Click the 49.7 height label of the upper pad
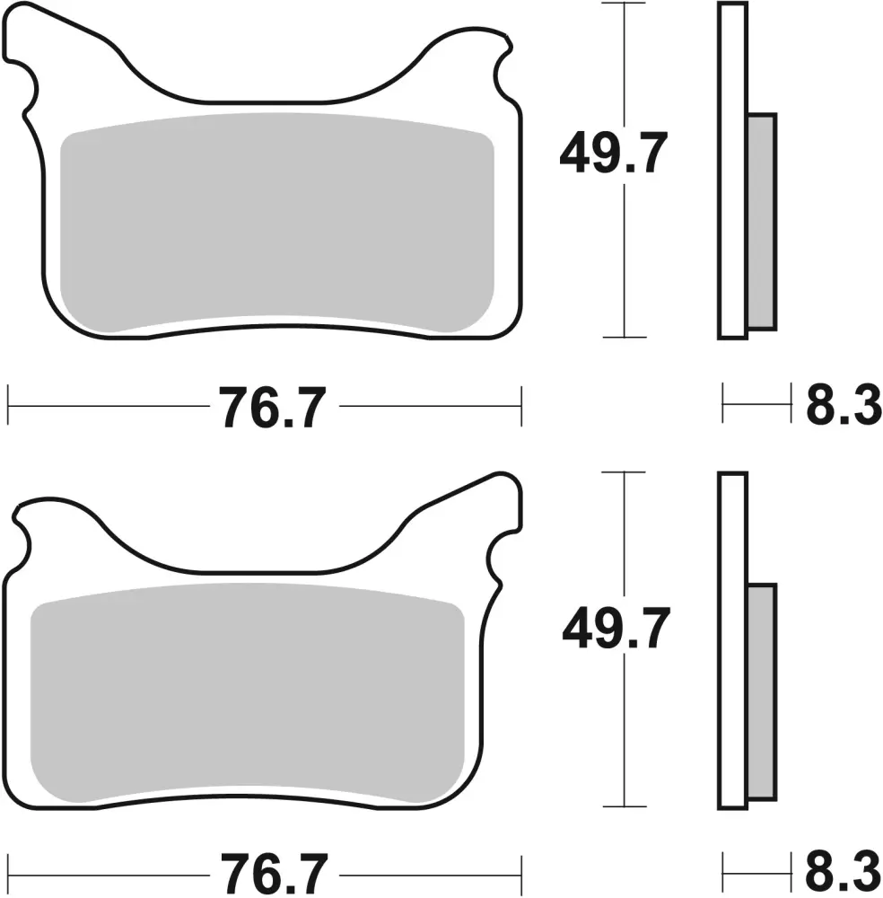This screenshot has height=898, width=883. [614, 153]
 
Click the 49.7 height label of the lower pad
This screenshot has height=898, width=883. [616, 629]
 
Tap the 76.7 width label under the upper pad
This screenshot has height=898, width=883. [273, 407]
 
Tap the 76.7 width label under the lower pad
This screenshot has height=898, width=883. [274, 875]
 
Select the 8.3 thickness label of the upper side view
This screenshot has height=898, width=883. [844, 406]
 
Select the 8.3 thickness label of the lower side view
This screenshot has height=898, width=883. [844, 874]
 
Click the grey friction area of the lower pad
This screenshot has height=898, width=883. [247, 693]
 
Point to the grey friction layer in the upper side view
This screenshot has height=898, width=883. [762, 222]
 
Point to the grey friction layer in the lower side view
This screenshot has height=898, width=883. [762, 691]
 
